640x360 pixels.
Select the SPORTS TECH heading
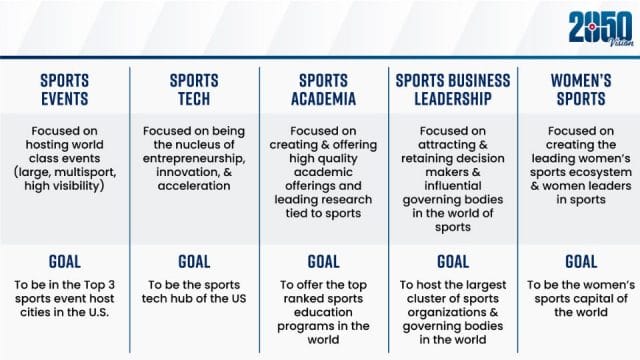pyautogui.click(x=194, y=90)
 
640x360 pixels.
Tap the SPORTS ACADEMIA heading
pyautogui.click(x=323, y=90)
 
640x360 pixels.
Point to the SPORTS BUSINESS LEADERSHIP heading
pyautogui.click(x=453, y=90)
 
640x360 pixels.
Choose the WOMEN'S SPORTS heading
pyautogui.click(x=582, y=90)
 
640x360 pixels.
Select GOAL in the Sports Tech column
pyautogui.click(x=194, y=262)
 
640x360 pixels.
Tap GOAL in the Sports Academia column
pyautogui.click(x=323, y=262)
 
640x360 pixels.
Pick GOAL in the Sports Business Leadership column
pyautogui.click(x=453, y=262)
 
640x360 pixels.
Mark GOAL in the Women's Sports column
pyautogui.click(x=582, y=262)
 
